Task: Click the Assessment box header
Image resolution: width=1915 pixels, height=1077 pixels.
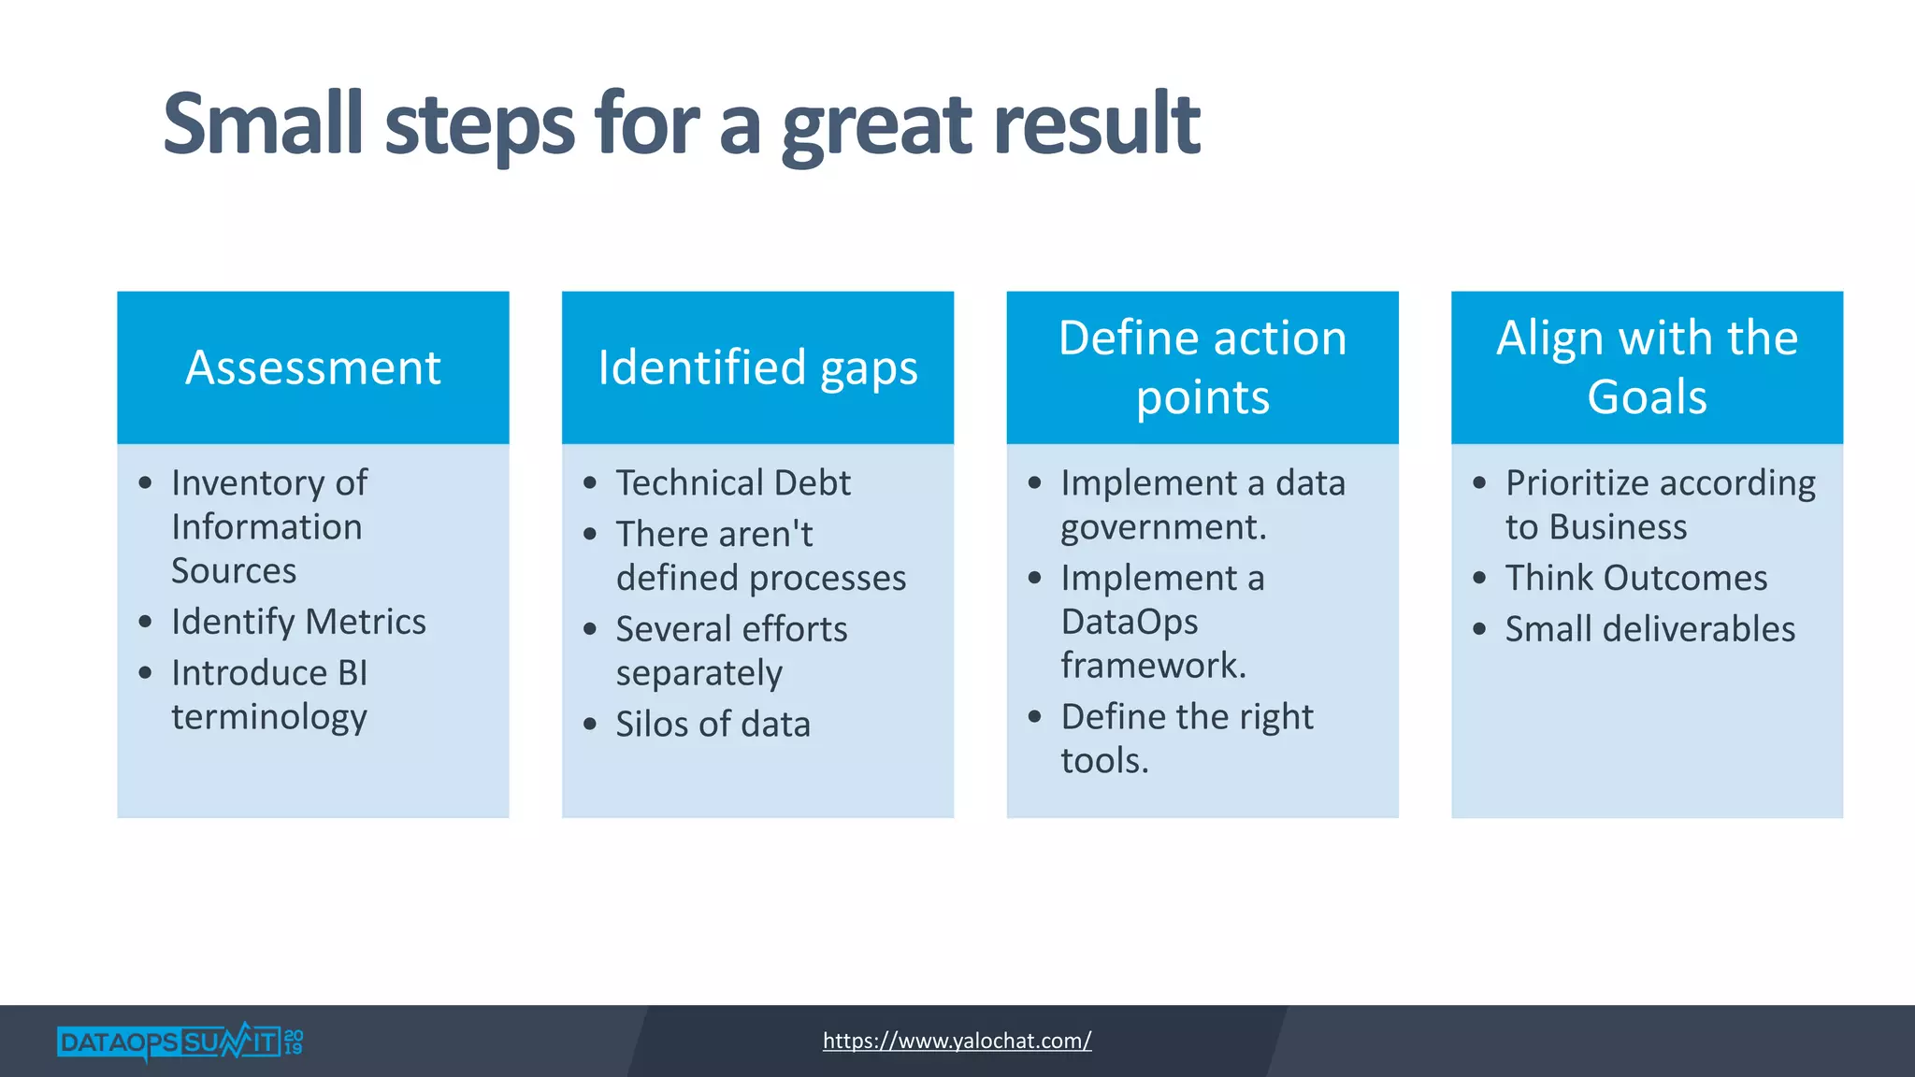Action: click(x=312, y=367)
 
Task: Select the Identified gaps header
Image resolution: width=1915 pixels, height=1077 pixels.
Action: click(x=757, y=367)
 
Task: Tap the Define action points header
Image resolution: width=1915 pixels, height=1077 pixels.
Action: click(x=1202, y=367)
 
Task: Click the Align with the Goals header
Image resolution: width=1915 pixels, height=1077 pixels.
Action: click(x=1647, y=367)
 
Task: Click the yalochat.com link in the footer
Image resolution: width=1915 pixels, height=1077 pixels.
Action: click(x=957, y=1041)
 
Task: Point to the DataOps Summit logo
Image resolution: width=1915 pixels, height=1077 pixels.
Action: click(x=180, y=1041)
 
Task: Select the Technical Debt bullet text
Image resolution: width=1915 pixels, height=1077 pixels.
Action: click(x=733, y=483)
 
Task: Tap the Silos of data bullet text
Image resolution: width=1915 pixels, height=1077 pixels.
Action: click(x=713, y=725)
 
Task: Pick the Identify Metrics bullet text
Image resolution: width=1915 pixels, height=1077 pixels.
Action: click(x=298, y=622)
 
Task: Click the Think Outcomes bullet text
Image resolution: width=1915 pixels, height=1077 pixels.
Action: click(x=1635, y=578)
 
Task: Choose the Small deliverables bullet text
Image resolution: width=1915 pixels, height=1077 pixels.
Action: click(x=1649, y=629)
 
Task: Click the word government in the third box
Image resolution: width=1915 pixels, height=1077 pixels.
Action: click(x=1161, y=528)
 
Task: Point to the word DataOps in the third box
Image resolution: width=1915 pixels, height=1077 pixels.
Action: click(x=1129, y=622)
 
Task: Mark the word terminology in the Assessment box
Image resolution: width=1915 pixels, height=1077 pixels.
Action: click(x=269, y=717)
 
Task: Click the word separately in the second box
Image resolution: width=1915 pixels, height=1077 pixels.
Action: click(x=698, y=674)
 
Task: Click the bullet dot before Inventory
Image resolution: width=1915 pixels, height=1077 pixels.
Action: click(x=145, y=483)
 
